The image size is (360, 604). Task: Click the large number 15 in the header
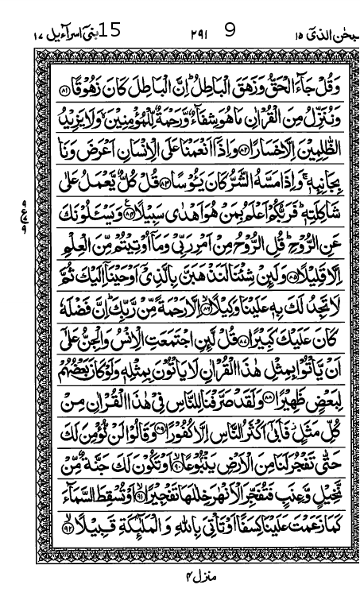point(110,31)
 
